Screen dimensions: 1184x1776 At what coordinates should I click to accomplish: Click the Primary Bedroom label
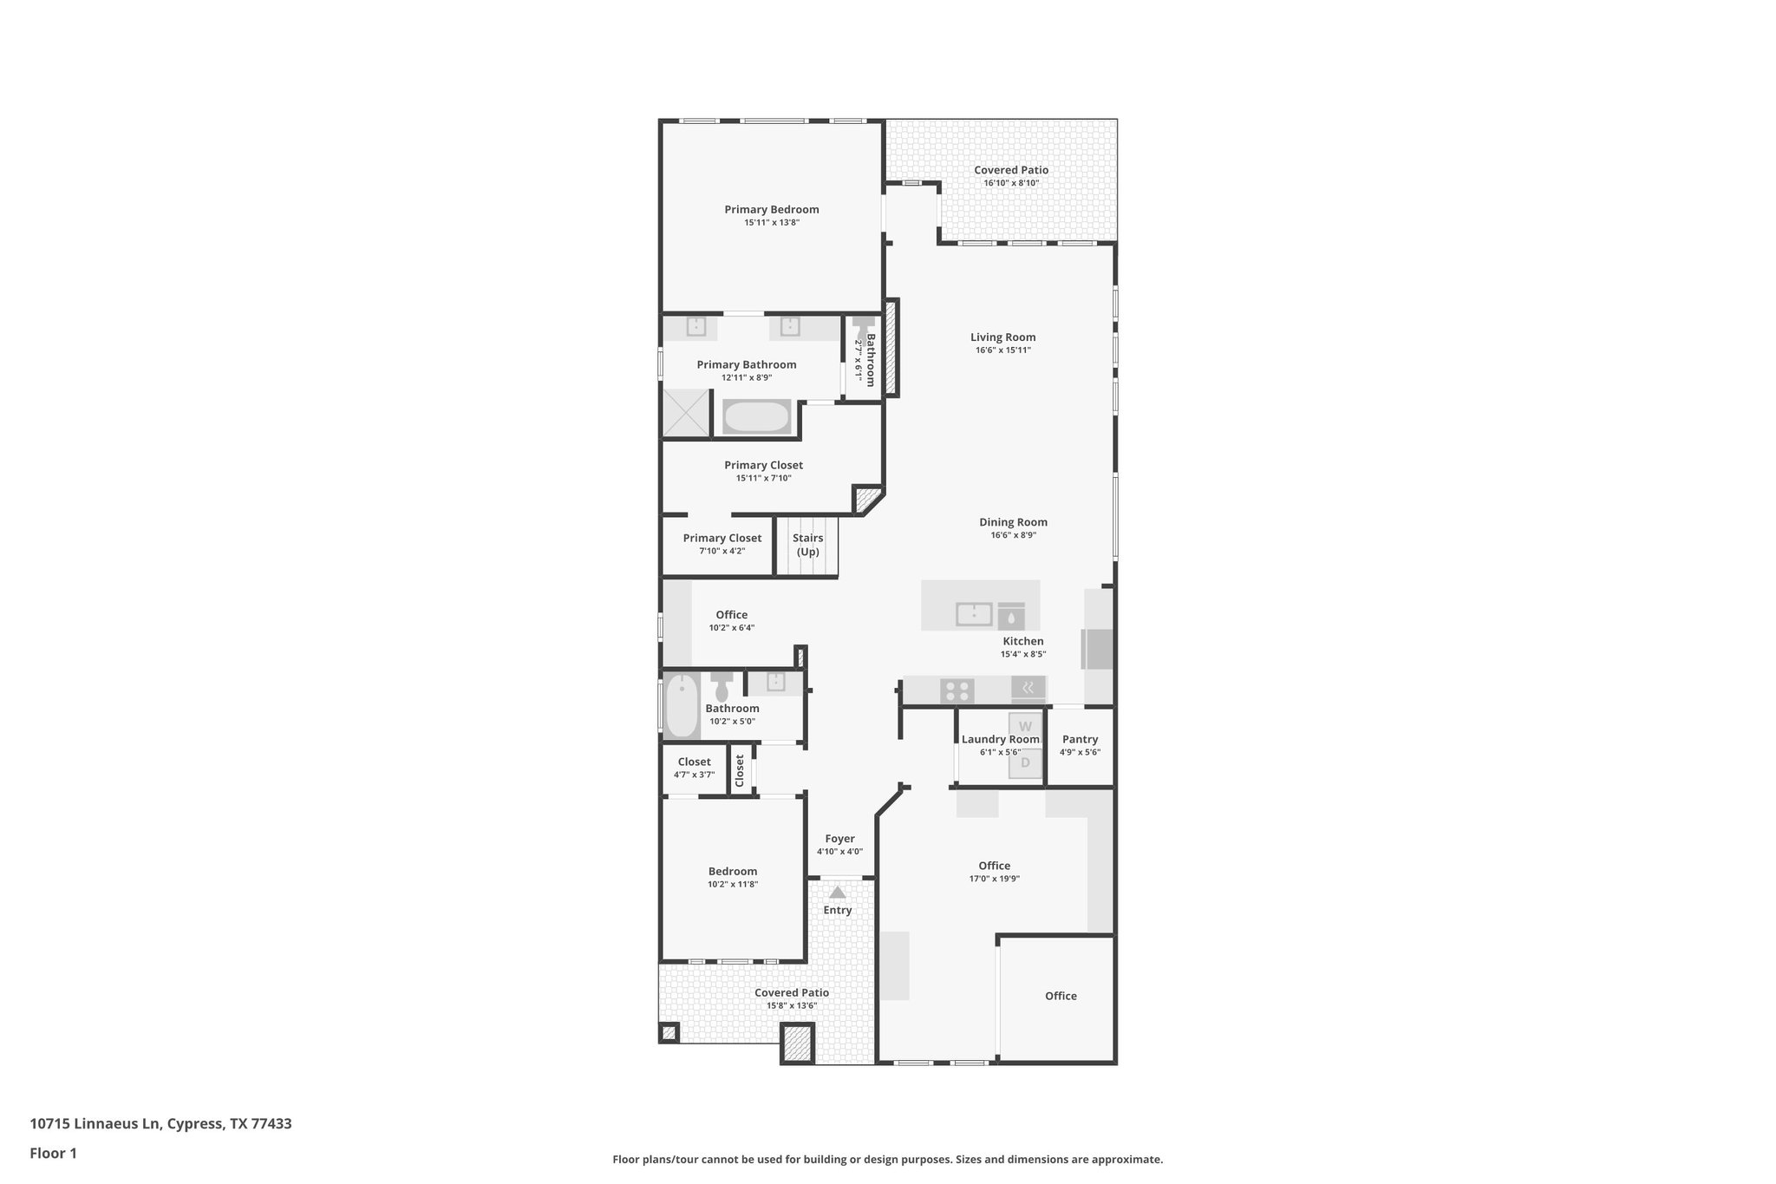771,209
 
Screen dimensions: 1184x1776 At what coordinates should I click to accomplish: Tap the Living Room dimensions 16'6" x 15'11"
1002,350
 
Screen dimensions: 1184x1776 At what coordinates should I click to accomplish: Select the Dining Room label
1013,522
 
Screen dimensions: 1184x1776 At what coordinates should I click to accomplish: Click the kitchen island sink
974,614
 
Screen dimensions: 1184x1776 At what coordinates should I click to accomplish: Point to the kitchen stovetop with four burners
957,691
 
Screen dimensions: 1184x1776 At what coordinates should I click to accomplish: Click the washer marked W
1025,727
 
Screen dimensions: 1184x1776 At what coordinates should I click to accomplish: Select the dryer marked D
1025,763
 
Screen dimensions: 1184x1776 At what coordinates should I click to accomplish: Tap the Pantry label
1080,740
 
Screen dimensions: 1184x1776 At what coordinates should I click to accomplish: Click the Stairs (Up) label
807,545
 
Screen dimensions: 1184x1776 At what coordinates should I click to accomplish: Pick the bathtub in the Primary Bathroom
757,417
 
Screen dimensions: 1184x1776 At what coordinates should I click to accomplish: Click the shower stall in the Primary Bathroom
687,412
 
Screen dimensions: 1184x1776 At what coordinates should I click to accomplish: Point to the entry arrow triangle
837,892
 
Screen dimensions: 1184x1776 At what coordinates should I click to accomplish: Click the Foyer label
839,839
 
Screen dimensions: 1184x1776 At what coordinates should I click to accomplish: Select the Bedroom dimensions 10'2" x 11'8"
732,885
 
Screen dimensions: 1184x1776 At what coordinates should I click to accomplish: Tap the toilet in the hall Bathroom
721,687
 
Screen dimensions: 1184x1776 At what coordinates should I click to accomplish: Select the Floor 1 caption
53,1154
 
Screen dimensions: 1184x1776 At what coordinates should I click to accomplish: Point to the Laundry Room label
1000,740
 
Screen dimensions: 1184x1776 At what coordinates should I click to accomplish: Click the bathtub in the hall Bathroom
682,705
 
